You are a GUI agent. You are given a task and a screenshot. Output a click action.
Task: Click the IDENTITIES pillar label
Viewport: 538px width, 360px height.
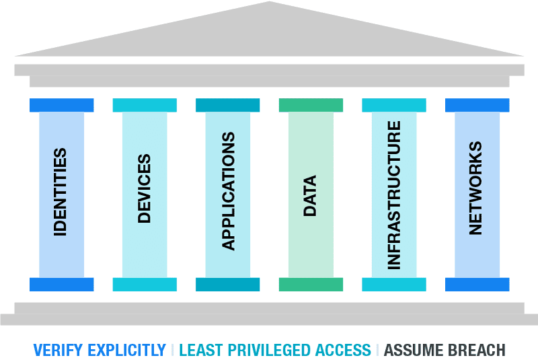coord(61,192)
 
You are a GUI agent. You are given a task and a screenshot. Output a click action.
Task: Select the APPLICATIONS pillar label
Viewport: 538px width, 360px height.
coord(228,192)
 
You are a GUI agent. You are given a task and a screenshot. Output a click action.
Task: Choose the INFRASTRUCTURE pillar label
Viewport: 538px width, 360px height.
coord(394,195)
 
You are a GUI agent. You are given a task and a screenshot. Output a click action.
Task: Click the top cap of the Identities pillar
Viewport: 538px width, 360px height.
coord(61,105)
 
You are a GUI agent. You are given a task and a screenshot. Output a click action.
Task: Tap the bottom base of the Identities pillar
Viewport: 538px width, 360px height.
coord(61,284)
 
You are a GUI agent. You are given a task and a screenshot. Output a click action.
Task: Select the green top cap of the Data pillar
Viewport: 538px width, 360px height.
coord(311,105)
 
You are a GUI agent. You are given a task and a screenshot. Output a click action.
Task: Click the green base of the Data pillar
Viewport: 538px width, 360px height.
coord(311,284)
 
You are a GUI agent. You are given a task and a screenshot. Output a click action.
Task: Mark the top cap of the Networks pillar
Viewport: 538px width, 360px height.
coord(477,105)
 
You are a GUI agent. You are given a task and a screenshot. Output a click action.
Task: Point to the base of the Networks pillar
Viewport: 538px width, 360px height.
coord(477,284)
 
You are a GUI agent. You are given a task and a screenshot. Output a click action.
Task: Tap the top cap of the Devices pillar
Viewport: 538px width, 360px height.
coord(145,105)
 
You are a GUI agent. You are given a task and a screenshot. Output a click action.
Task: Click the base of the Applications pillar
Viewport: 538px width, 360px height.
coord(228,284)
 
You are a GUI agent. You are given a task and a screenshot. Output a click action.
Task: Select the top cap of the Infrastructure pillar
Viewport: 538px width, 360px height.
coord(394,105)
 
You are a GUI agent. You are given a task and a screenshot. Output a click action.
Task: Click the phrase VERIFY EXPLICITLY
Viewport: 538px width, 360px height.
coord(100,350)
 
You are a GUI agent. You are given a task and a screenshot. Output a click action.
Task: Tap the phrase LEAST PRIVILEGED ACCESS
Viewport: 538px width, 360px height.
coord(275,350)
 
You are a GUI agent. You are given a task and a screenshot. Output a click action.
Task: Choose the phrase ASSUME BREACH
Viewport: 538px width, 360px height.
coord(445,350)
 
